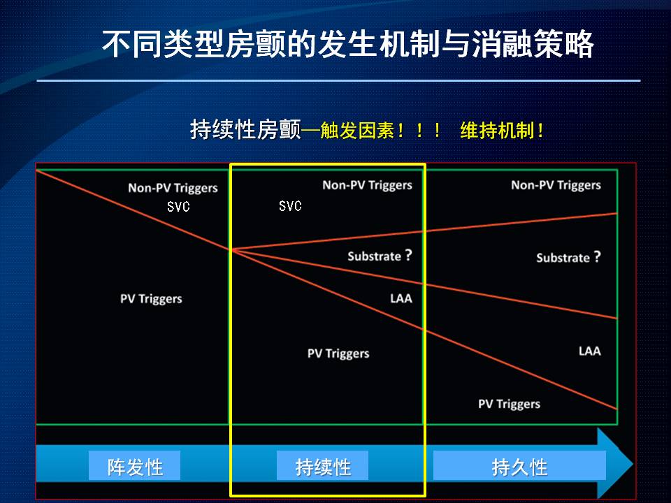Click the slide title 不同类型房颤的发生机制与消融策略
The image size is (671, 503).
click(347, 44)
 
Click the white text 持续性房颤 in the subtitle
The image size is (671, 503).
click(245, 130)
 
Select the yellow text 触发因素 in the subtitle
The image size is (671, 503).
click(357, 130)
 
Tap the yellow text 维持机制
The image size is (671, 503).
click(497, 130)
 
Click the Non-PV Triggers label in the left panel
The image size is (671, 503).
click(173, 188)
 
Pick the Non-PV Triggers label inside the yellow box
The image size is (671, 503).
click(367, 185)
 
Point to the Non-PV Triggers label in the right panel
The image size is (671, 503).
click(556, 185)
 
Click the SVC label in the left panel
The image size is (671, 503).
click(178, 207)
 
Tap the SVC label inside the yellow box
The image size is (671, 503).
click(290, 206)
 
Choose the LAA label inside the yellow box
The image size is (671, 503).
click(401, 298)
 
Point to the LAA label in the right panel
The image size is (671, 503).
click(590, 351)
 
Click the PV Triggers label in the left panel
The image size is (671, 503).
click(151, 299)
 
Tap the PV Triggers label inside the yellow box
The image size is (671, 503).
click(338, 353)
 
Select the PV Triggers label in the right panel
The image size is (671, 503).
click(510, 404)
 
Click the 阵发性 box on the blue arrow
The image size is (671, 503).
click(134, 465)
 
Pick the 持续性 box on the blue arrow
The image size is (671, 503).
click(323, 465)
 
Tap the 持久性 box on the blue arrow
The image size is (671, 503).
click(519, 465)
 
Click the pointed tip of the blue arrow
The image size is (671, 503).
click(633, 464)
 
